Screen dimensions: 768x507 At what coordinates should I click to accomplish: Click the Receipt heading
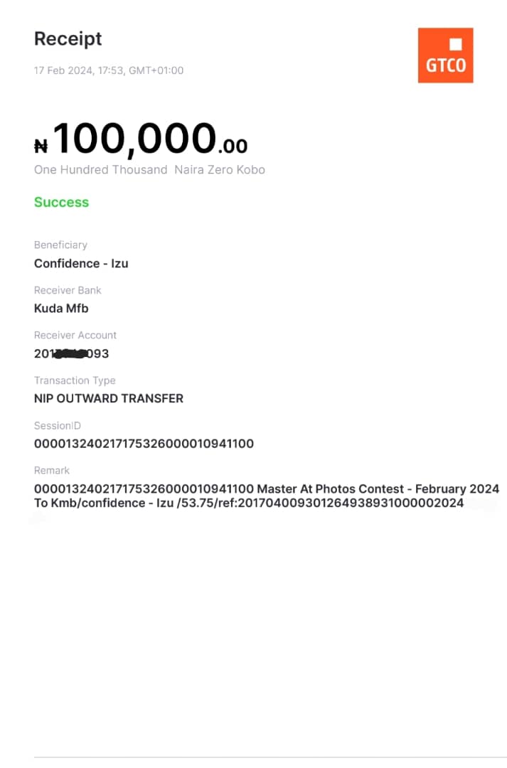point(68,38)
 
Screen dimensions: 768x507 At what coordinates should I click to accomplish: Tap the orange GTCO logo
point(445,55)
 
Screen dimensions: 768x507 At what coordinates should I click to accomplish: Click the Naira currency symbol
point(41,146)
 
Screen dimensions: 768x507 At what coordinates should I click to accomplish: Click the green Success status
point(61,202)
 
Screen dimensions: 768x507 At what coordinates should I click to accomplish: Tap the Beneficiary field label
point(60,245)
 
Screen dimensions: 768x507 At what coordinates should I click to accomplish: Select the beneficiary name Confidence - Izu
point(81,263)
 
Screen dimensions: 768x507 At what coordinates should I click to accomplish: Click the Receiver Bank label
point(68,290)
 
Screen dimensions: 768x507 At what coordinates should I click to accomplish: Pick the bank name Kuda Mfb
point(61,309)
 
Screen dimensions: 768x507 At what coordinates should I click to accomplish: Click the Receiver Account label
point(75,335)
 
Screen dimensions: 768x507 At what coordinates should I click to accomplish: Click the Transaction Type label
point(75,380)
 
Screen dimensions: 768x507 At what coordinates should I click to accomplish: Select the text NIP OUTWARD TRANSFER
point(109,398)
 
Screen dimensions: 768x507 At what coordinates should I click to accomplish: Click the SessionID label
point(58,425)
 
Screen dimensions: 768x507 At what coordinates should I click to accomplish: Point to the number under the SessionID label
point(144,444)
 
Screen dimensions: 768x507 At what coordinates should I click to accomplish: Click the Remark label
point(52,470)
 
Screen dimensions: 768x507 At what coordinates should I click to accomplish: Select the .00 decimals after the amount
point(233,146)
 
